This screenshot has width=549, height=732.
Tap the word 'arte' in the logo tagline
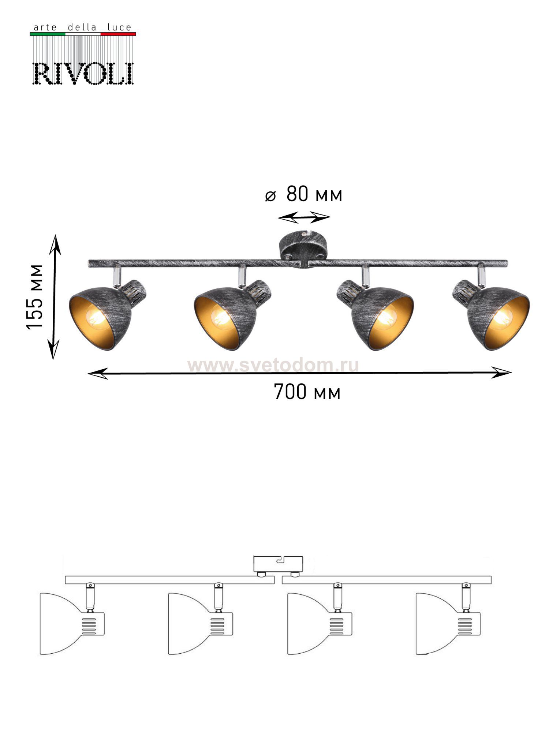tap(45, 28)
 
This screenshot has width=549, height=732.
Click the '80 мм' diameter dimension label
tap(314, 194)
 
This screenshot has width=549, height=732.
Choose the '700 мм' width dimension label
tap(307, 392)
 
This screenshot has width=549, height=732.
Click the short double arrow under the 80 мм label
tap(304, 217)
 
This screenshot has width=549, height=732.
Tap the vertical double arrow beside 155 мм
tap(55, 297)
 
